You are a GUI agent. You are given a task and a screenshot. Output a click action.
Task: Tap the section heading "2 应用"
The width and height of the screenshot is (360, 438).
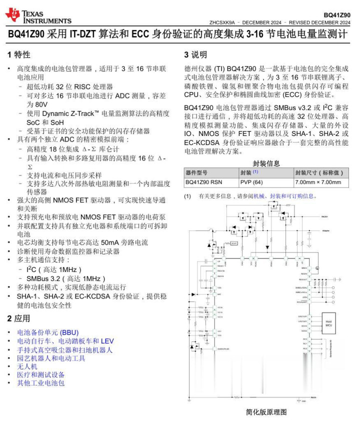19,318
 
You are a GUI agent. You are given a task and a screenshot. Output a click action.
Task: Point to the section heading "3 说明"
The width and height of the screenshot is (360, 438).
195,54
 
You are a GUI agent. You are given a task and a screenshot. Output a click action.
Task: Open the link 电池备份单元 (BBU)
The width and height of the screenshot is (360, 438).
47,332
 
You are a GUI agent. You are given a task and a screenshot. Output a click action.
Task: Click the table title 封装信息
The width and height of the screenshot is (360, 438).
266,163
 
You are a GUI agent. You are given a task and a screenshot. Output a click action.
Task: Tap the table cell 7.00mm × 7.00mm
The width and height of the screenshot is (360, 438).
318,182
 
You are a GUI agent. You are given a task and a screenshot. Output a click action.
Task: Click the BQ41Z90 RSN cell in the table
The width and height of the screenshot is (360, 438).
203,182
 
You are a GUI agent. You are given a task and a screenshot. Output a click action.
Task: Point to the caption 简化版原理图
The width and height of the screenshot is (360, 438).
266,412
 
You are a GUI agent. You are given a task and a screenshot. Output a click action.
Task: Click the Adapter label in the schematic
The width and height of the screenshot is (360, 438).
326,231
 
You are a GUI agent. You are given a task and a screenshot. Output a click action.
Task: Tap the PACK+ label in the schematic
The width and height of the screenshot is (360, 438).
324,216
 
